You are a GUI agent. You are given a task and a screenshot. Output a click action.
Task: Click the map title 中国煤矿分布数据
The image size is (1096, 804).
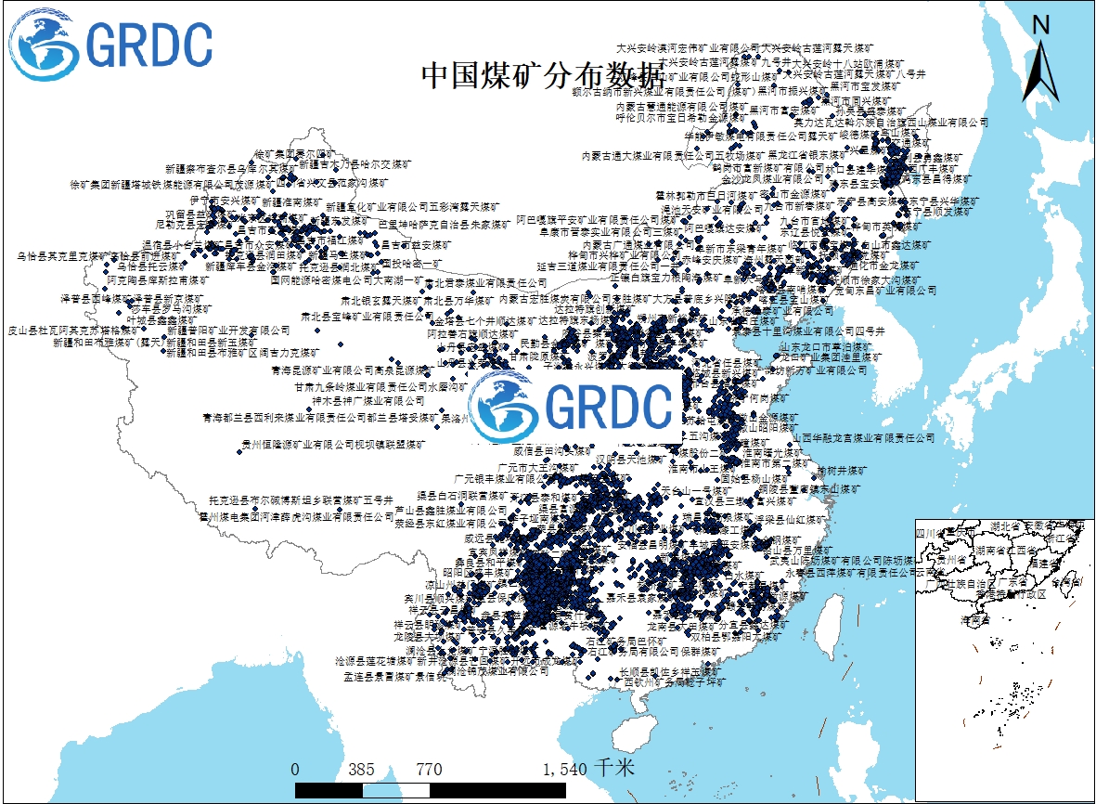[543, 75]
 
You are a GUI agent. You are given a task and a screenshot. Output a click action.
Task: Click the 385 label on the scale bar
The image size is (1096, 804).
[361, 770]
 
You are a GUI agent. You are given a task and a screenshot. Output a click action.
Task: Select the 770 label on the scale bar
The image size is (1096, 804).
[429, 770]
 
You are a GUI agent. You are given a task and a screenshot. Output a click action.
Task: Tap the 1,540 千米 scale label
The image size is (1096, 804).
[588, 770]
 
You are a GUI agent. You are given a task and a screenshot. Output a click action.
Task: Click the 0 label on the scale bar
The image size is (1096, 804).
[295, 770]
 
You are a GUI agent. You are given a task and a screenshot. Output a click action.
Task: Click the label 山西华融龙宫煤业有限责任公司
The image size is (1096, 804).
[864, 437]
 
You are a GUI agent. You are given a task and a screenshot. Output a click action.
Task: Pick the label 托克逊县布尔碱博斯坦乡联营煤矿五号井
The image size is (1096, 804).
[303, 499]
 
